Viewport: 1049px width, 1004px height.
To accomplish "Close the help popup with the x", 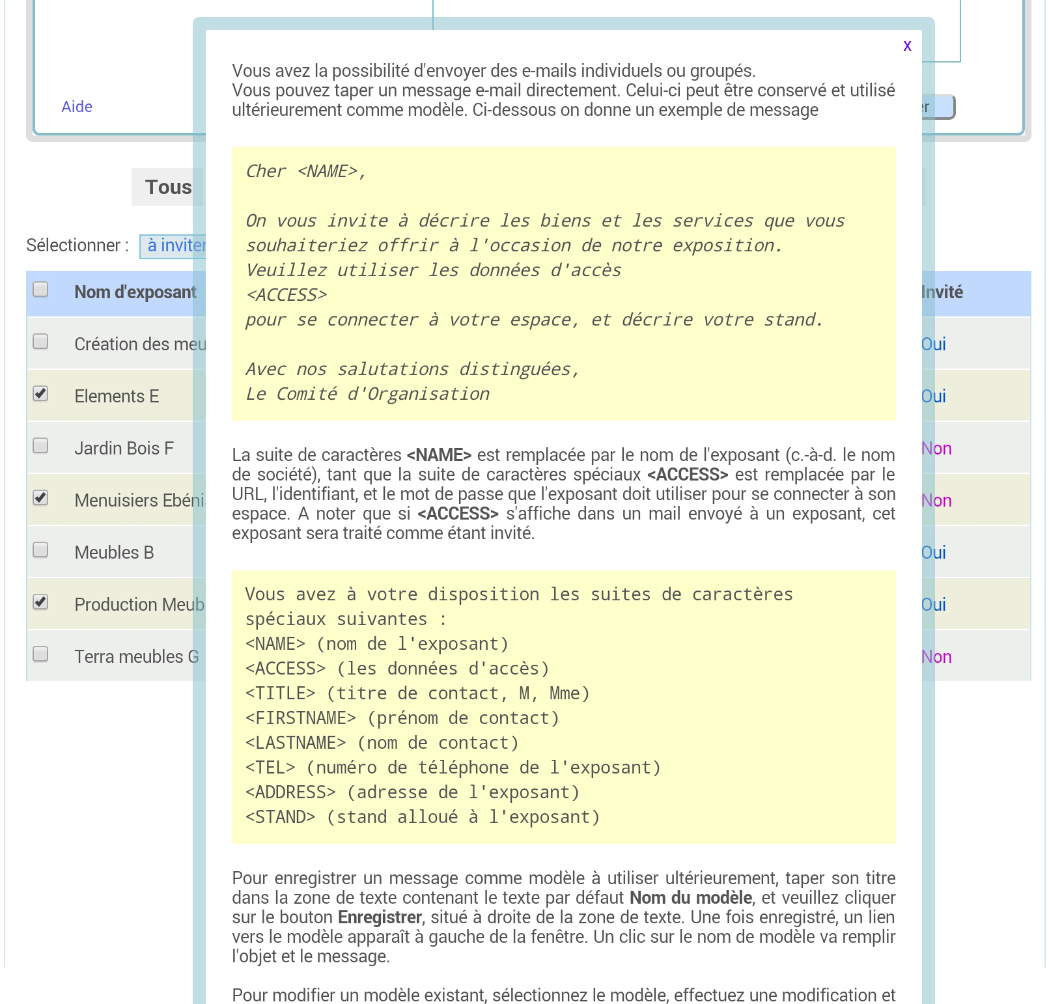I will click(907, 46).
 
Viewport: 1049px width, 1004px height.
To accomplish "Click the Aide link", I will click(77, 107).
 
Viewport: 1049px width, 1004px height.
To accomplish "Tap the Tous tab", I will click(168, 187).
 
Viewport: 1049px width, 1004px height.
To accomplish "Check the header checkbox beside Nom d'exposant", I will click(40, 290).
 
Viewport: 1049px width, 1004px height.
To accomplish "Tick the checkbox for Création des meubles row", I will click(40, 342).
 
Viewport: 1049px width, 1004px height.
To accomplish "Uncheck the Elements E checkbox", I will click(40, 394).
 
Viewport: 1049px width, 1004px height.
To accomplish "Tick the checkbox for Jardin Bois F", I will click(40, 446).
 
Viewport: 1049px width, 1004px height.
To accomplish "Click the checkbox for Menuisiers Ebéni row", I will click(40, 498).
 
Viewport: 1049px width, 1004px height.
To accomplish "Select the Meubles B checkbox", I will click(40, 550).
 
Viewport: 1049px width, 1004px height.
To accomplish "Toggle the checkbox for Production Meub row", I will click(40, 602).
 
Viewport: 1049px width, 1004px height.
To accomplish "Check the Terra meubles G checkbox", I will click(40, 654).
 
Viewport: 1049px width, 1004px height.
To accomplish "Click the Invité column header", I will click(942, 292).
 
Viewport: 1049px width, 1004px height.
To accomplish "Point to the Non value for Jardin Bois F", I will click(937, 449).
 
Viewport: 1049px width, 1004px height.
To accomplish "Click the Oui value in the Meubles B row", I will click(934, 553).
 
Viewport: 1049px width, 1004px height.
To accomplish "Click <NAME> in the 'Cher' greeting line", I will click(328, 171).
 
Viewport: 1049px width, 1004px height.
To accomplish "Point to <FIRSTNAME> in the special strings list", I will click(301, 718).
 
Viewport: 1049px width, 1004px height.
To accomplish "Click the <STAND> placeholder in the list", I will click(280, 817).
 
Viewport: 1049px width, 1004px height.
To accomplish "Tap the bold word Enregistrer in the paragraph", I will click(380, 917).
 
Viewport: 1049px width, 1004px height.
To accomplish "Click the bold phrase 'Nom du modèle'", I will click(690, 898).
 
